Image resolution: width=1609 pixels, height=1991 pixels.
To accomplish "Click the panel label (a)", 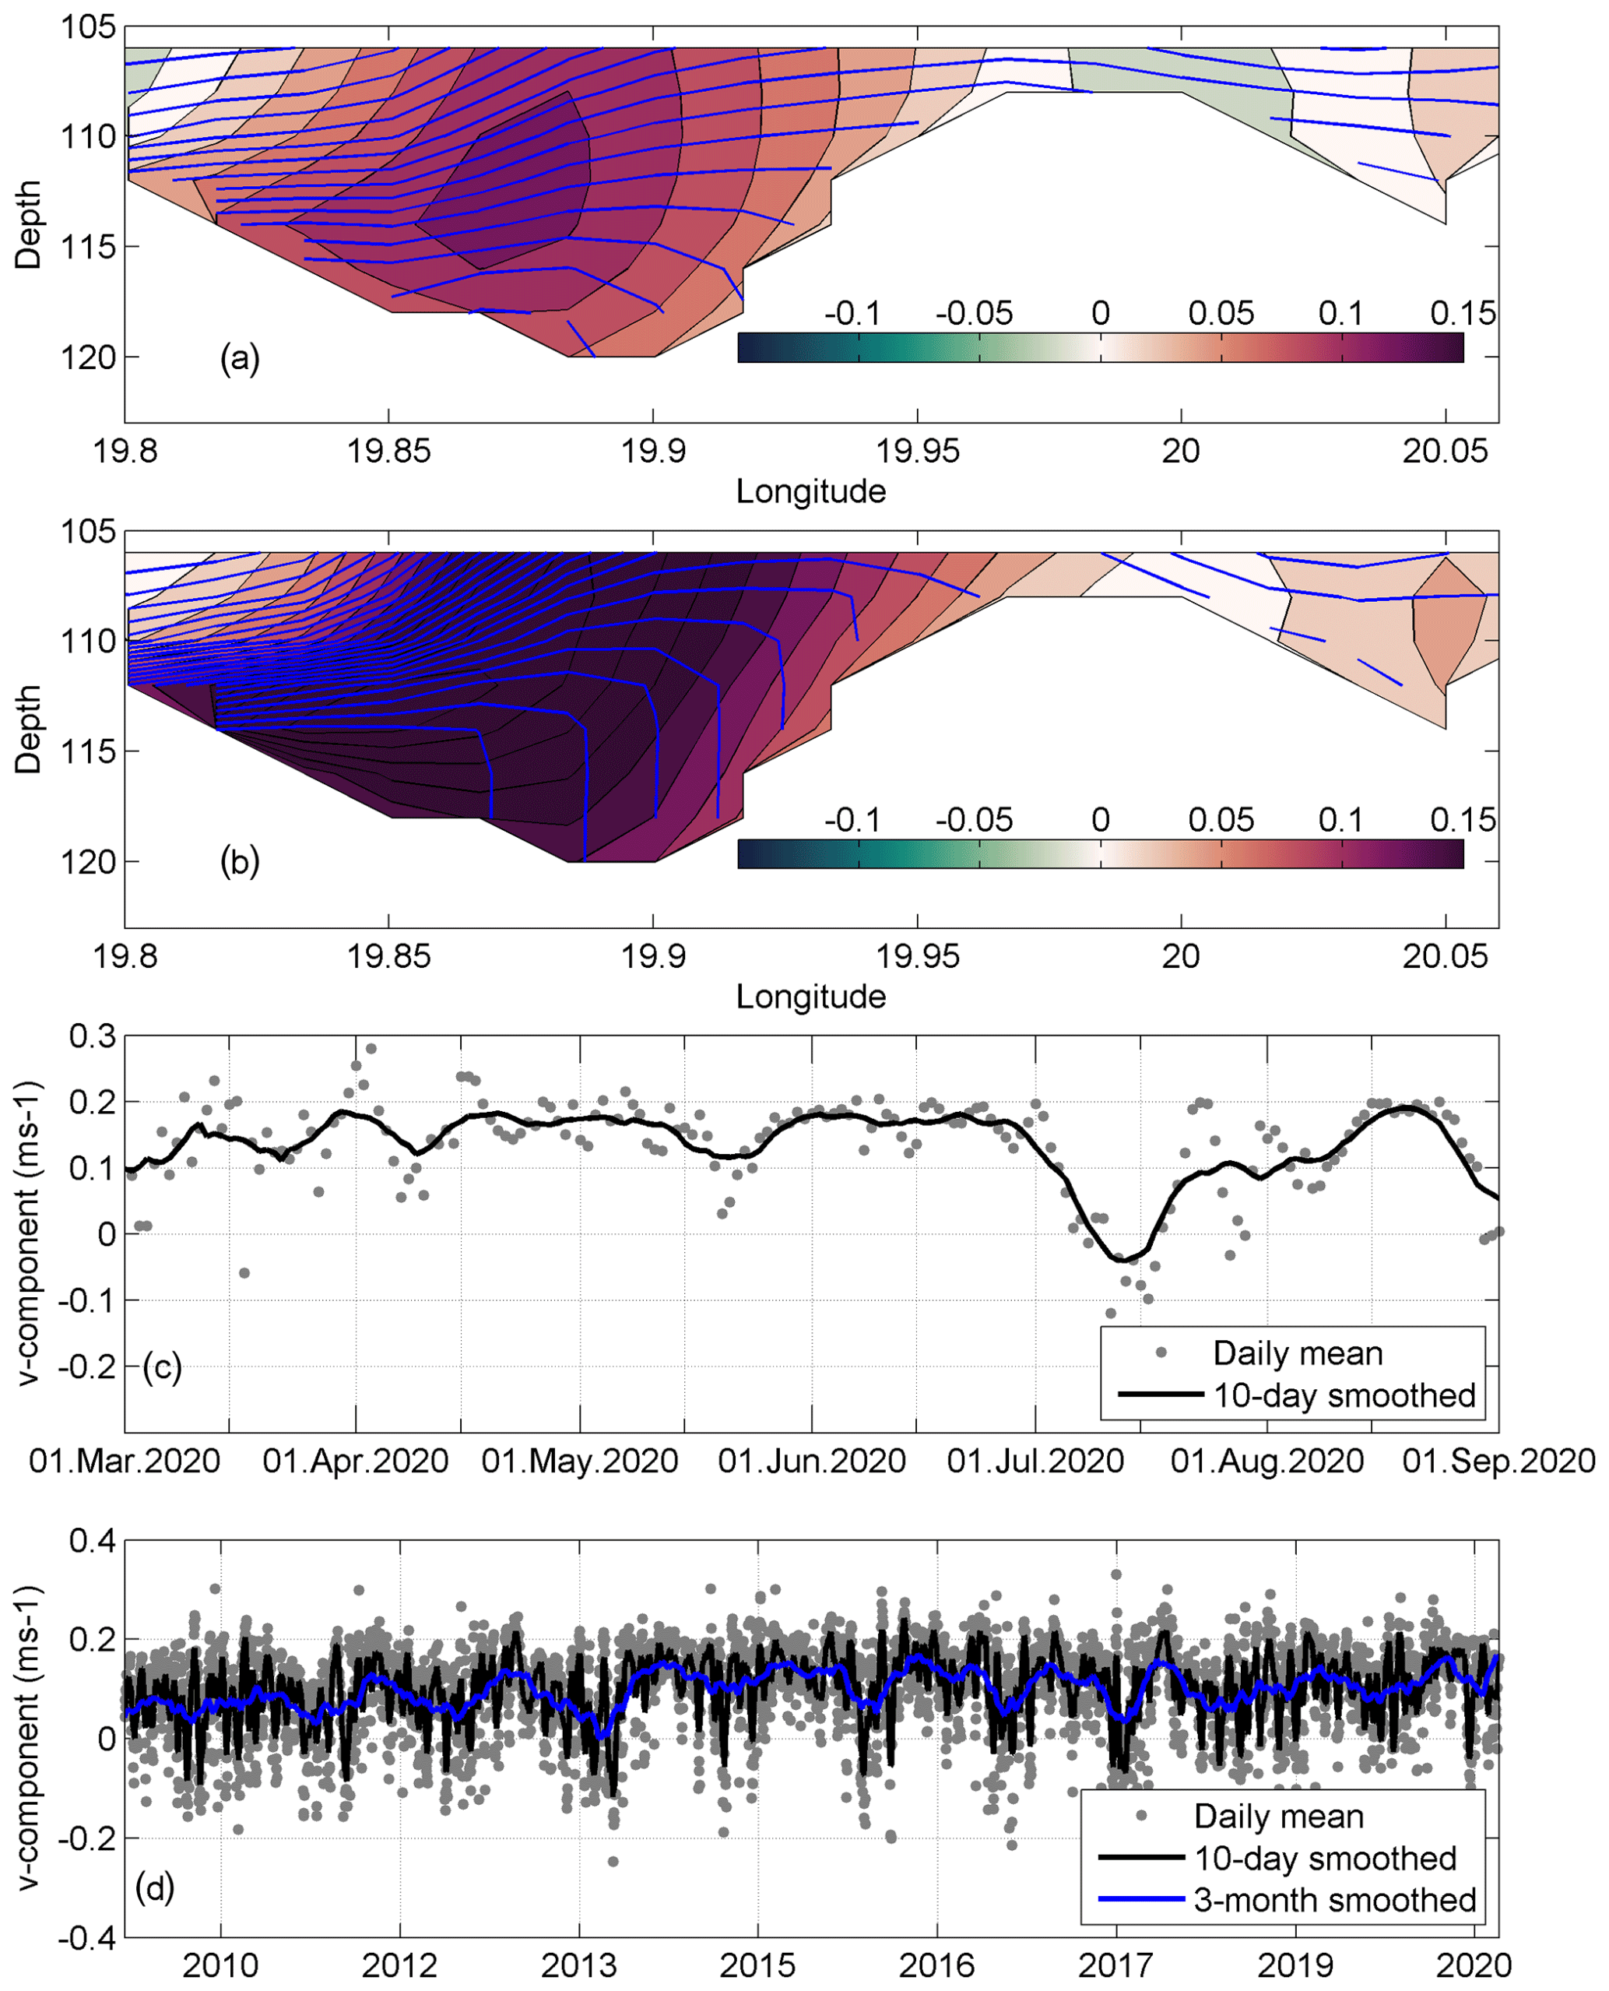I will (239, 357).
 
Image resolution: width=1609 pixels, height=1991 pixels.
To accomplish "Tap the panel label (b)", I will (239, 861).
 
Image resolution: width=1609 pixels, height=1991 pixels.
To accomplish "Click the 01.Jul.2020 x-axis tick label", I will (1035, 1462).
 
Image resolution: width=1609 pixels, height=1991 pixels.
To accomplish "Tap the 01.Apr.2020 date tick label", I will (355, 1462).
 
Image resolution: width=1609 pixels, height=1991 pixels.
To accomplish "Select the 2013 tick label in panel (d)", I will (579, 1965).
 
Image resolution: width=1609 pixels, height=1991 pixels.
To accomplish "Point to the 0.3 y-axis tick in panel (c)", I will (93, 1036).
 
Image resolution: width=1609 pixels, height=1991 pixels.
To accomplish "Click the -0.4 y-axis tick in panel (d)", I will (87, 1938).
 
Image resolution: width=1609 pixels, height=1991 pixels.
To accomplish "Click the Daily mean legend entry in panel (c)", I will (1298, 1353).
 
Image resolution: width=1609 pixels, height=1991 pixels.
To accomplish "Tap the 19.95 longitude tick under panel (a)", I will (918, 452).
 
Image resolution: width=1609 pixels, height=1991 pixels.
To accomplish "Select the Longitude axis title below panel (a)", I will (811, 491).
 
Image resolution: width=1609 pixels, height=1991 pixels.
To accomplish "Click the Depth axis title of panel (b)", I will (29, 729).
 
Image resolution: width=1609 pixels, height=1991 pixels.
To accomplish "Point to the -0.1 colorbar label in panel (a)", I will (852, 313).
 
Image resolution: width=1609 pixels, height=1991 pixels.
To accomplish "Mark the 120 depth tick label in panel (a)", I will (88, 357).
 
